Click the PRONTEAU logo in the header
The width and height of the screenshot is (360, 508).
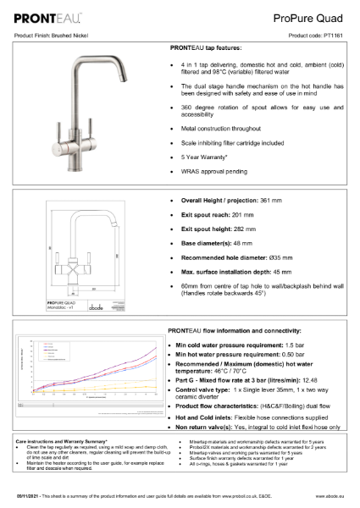48,15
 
